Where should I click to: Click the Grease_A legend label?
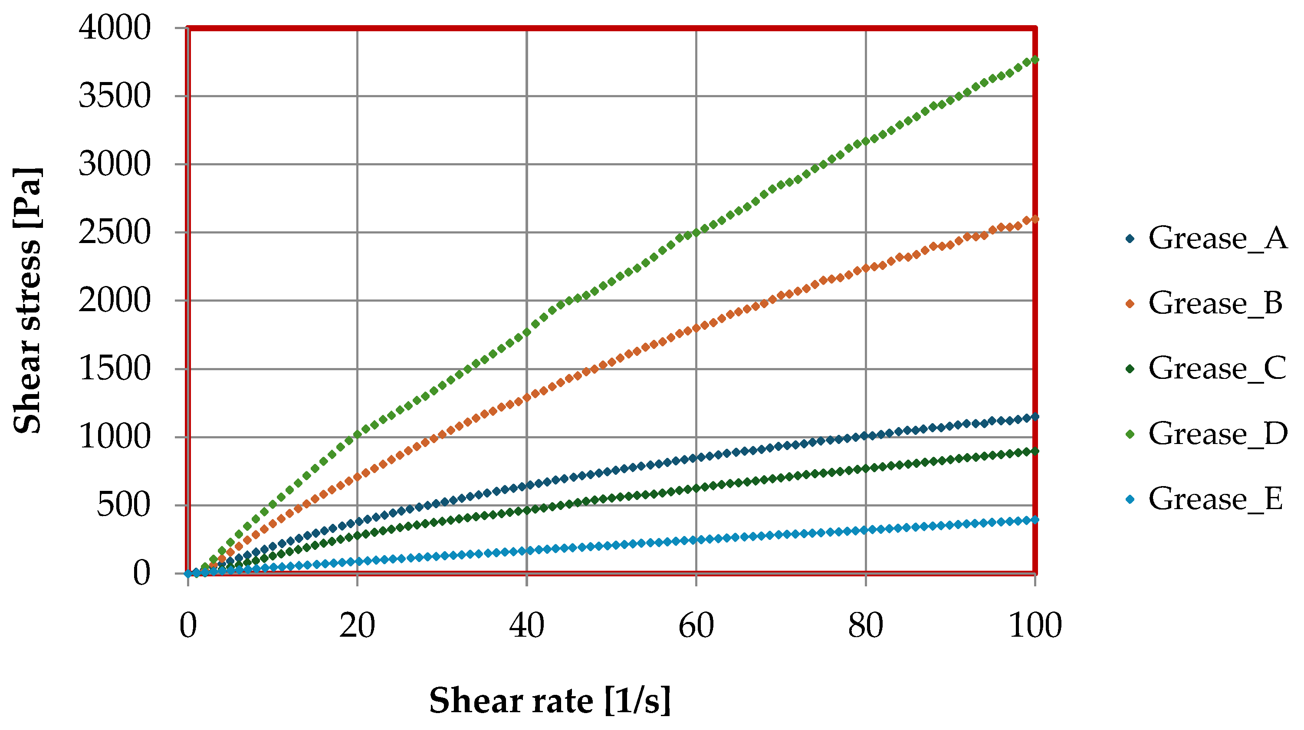pyautogui.click(x=1218, y=238)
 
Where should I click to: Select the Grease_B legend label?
pyautogui.click(x=1215, y=303)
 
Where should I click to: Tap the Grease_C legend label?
pyautogui.click(x=1218, y=368)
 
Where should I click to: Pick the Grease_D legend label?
pyautogui.click(x=1218, y=434)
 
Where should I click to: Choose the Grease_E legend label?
pyautogui.click(x=1215, y=499)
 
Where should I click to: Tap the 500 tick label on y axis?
pyautogui.click(x=124, y=505)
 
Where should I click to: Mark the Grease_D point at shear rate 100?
pyautogui.click(x=1035, y=60)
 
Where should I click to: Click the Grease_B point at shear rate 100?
pyautogui.click(x=1035, y=219)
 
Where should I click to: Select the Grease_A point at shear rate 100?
pyautogui.click(x=1035, y=417)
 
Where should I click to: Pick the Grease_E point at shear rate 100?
pyautogui.click(x=1035, y=520)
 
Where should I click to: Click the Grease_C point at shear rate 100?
pyautogui.click(x=1035, y=451)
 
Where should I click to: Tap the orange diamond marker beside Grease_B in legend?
pyautogui.click(x=1130, y=303)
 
